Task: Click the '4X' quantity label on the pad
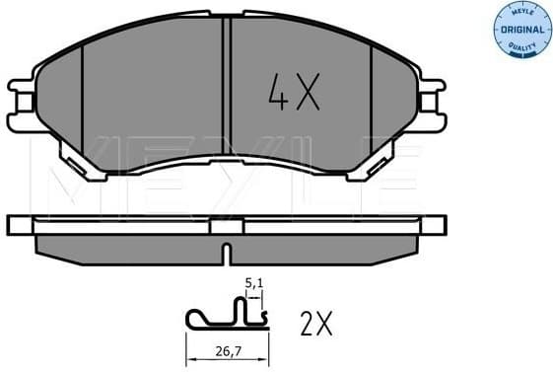click(x=294, y=94)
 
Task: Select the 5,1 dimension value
click(x=254, y=283)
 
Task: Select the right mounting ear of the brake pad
click(x=430, y=100)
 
